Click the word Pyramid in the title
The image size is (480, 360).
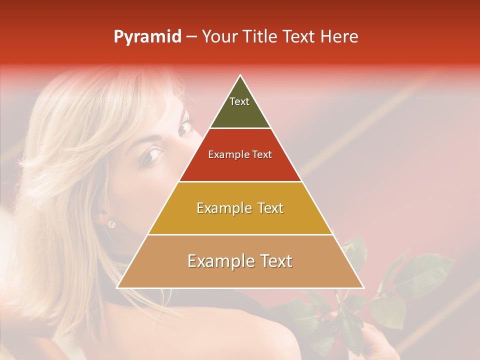(147, 37)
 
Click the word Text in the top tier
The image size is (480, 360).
(239, 101)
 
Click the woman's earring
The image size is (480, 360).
(111, 224)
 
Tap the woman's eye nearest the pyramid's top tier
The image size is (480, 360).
(186, 127)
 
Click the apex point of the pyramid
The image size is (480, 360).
(240, 76)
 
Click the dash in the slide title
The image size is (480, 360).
(191, 37)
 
